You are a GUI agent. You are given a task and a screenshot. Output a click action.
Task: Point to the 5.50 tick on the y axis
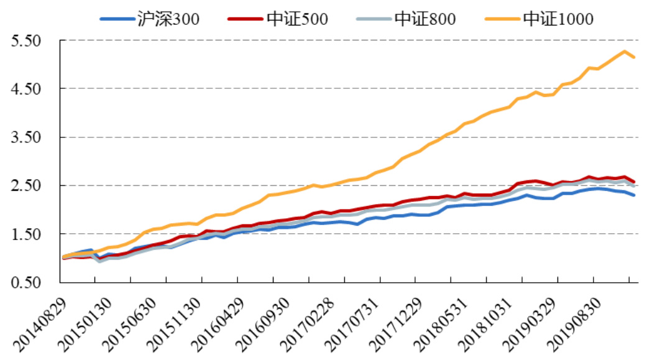pos(25,41)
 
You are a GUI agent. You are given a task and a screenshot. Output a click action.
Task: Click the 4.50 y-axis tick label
pos(25,90)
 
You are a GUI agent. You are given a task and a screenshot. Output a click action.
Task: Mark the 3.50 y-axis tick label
pos(25,138)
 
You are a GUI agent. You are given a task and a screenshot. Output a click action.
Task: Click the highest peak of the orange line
pos(624,51)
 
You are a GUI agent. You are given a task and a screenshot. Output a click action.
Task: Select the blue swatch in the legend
pos(117,19)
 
